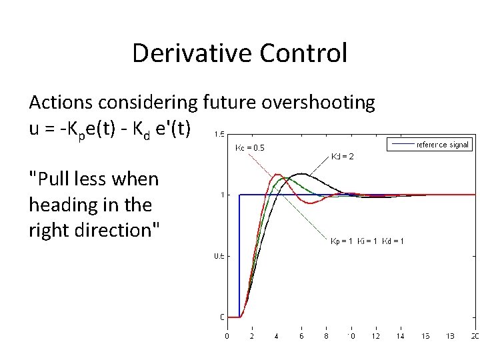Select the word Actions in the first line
[61, 103]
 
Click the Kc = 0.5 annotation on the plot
[249, 147]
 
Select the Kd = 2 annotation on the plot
[342, 157]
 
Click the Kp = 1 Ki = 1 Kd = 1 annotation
[367, 241]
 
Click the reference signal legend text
[443, 145]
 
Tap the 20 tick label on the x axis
[474, 337]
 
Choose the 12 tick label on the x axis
[376, 337]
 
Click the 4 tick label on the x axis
[277, 337]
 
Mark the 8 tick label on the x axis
[327, 337]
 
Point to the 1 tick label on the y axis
[221, 195]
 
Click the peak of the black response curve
[302, 174]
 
